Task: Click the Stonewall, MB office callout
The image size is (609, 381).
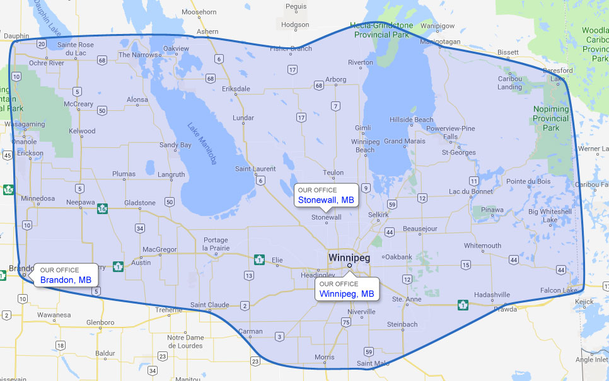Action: click(x=326, y=195)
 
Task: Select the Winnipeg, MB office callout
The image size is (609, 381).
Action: click(x=347, y=289)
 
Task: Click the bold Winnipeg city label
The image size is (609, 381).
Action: click(x=349, y=258)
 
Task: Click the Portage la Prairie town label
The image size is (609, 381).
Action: click(x=216, y=244)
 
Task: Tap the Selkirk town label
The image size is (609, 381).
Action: click(x=378, y=215)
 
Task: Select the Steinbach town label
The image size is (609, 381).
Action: click(x=402, y=324)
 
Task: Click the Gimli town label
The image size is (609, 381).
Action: click(x=363, y=128)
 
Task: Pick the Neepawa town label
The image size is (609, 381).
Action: click(x=80, y=203)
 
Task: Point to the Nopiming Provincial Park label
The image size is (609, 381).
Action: click(x=551, y=118)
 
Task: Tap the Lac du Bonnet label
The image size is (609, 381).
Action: click(x=470, y=191)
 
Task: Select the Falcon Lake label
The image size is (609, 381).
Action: click(x=559, y=290)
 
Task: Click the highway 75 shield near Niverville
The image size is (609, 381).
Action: click(x=345, y=322)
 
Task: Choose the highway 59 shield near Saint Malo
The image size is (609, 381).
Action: click(x=369, y=351)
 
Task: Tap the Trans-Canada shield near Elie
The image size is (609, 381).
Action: click(x=258, y=259)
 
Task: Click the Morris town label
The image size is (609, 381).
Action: click(x=324, y=357)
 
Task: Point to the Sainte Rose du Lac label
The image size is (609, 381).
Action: click(x=75, y=48)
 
